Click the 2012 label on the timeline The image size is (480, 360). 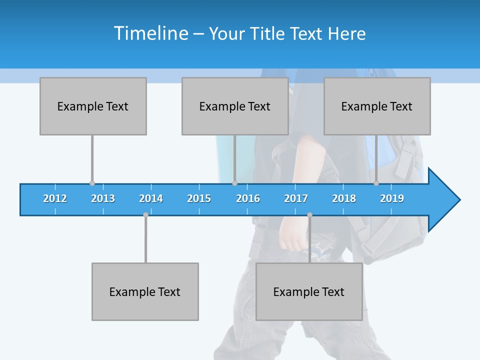point(55,198)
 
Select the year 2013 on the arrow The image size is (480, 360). point(103,198)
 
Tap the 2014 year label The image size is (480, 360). point(151,198)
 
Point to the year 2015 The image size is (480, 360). point(199,198)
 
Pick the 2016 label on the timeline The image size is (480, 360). point(248,198)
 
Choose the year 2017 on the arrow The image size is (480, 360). point(296,198)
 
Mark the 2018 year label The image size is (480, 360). point(344,198)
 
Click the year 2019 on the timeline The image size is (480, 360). point(392,198)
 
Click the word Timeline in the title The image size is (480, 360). point(150,33)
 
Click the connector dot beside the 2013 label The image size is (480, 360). point(92,183)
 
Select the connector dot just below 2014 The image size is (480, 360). point(146,214)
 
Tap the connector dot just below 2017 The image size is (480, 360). point(309,214)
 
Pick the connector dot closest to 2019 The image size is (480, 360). point(376,183)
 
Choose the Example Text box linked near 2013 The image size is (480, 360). point(93,106)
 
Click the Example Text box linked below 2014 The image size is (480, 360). point(145,291)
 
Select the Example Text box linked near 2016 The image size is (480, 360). point(235,106)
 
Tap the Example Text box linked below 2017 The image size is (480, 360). point(309,291)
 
